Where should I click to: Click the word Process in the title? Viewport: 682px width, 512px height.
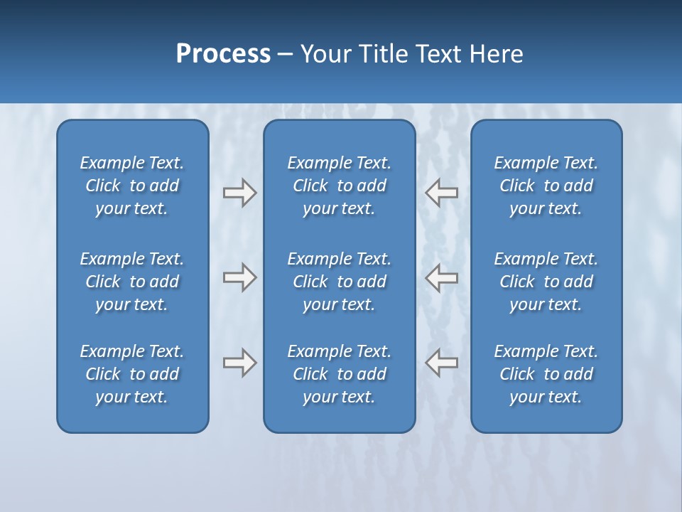point(223,54)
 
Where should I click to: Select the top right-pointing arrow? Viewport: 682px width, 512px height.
point(239,193)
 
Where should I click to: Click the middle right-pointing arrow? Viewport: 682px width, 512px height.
point(239,277)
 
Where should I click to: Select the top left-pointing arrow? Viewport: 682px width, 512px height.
point(442,193)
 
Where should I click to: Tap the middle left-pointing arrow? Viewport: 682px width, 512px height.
point(442,277)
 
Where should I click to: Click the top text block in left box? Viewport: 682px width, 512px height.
point(132,186)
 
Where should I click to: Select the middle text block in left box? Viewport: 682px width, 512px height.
point(132,282)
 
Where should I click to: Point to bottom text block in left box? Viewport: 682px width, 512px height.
point(132,374)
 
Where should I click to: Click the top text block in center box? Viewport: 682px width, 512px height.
point(339,186)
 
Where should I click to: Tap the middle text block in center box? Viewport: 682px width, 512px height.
point(339,282)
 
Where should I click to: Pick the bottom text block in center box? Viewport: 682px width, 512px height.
point(339,374)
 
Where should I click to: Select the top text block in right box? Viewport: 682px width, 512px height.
point(546,186)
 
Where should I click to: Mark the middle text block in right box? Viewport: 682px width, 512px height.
point(546,282)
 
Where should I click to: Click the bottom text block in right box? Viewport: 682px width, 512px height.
point(546,374)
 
